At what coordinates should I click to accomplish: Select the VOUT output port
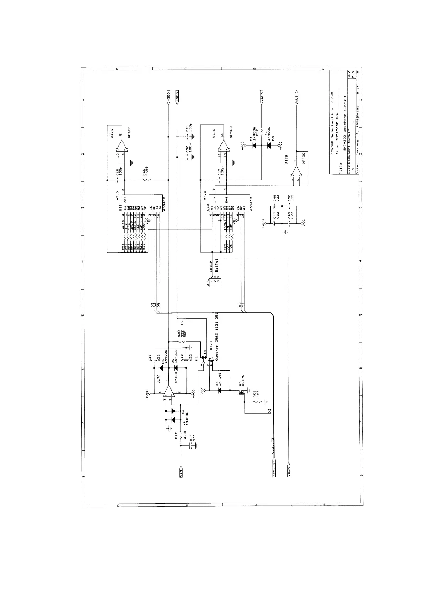click(296, 98)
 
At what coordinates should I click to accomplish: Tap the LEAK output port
click(262, 97)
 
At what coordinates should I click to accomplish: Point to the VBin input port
click(288, 471)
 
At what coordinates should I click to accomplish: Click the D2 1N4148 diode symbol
click(219, 391)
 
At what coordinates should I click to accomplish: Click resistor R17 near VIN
click(181, 435)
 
